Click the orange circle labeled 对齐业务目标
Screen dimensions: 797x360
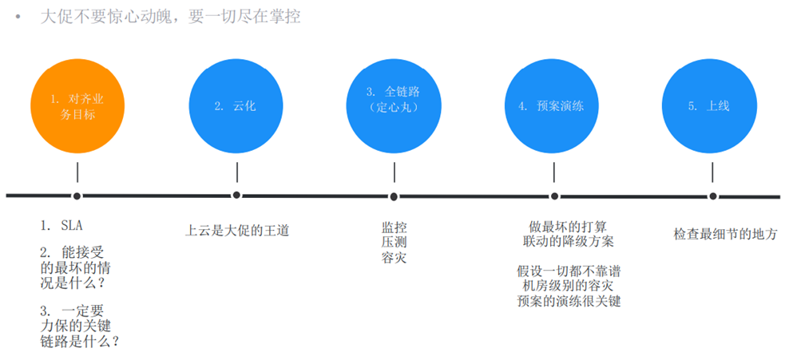(x=77, y=106)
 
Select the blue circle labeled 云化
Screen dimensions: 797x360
(x=236, y=106)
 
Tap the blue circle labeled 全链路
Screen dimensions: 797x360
(x=394, y=106)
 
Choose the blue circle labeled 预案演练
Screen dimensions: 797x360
(x=552, y=106)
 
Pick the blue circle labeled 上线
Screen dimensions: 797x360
(x=710, y=106)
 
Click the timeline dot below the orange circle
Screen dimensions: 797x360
(x=77, y=196)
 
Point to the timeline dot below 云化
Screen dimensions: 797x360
(x=236, y=195)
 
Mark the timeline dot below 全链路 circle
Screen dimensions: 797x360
(x=394, y=196)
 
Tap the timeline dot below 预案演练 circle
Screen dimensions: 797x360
(x=554, y=196)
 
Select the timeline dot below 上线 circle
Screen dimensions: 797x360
(x=713, y=196)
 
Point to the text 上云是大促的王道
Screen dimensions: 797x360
(x=237, y=231)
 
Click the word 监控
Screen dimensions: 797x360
(x=394, y=227)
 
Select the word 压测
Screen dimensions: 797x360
(x=394, y=242)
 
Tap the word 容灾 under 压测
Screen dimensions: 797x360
(x=394, y=258)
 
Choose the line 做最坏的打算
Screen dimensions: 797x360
(x=569, y=225)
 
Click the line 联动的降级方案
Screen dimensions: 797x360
(x=569, y=241)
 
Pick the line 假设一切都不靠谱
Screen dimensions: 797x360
(x=569, y=271)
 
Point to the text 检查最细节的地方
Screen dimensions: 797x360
(x=726, y=235)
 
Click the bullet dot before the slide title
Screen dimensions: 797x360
(x=19, y=17)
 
